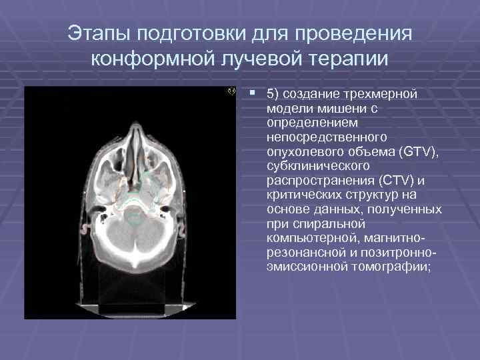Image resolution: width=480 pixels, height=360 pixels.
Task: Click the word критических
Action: click(x=300, y=195)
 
